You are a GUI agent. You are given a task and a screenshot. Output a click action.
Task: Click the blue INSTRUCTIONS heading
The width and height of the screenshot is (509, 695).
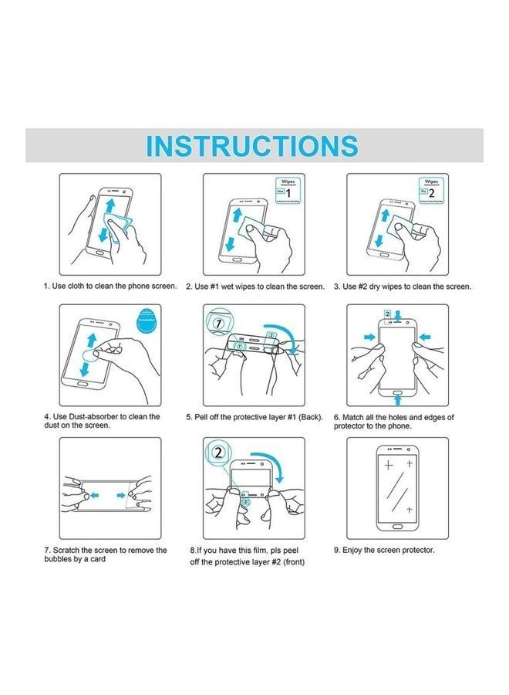(x=252, y=145)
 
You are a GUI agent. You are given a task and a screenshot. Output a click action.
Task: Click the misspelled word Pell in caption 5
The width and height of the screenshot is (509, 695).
(x=204, y=417)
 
